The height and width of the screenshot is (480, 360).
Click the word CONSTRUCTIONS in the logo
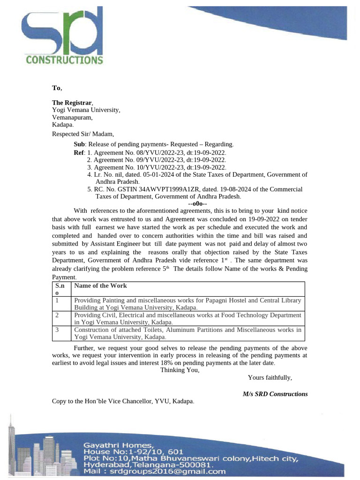pos(64,60)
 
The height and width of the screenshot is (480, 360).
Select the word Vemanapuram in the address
pos(72,118)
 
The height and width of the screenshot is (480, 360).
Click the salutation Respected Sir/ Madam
pos(82,134)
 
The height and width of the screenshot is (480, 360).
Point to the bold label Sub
pos(79,144)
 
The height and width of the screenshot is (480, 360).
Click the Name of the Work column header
pos(100,285)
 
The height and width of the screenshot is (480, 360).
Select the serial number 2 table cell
pos(57,315)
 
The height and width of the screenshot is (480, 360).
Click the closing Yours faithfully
pos(270,377)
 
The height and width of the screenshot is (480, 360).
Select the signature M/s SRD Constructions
pos(275,394)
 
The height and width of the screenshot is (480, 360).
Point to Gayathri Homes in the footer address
pos(118,444)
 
